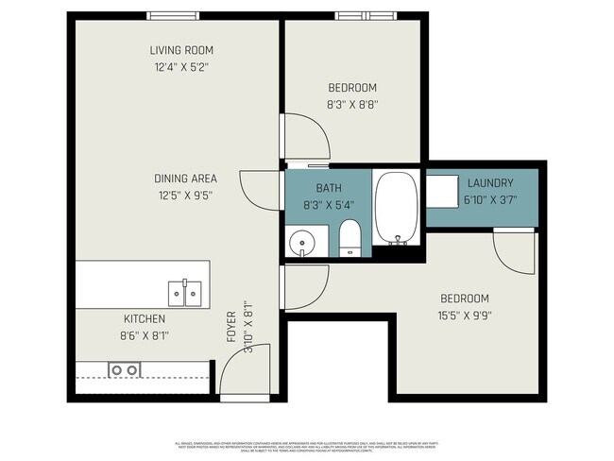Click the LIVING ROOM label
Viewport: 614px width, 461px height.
[180, 50]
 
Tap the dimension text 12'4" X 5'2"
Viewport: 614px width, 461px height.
[180, 67]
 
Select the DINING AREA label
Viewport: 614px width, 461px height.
[185, 178]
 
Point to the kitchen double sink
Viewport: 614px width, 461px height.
[184, 293]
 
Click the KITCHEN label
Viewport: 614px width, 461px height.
[145, 319]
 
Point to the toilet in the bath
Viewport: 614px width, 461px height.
[349, 238]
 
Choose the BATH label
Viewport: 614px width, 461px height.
[329, 187]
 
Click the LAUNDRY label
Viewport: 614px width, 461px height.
[488, 183]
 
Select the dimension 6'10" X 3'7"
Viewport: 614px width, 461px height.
[488, 199]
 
